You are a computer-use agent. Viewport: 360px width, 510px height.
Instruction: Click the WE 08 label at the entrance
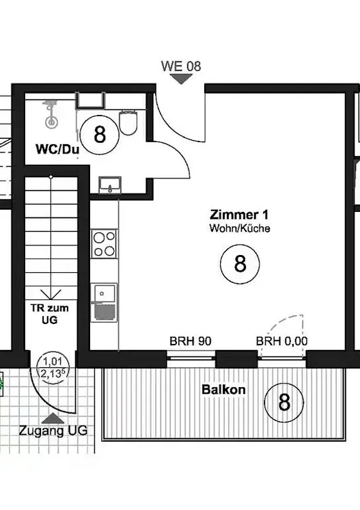[x=181, y=66]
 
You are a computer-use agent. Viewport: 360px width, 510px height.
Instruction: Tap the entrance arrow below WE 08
[x=181, y=79]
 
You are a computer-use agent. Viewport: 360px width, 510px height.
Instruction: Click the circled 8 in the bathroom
[x=100, y=134]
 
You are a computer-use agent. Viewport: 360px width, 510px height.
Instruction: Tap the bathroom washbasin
[x=109, y=185]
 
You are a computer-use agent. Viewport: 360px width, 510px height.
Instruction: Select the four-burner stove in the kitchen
[x=104, y=243]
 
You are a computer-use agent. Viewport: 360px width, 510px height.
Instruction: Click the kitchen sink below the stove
[x=104, y=302]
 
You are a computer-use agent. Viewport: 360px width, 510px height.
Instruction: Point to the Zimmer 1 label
[x=239, y=215]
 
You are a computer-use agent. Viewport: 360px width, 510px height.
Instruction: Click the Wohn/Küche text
[x=239, y=228]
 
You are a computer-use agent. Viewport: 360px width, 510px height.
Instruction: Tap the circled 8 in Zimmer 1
[x=240, y=263]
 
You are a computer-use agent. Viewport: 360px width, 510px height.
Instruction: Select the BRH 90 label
[x=191, y=341]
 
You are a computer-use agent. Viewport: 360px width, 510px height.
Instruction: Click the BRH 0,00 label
[x=282, y=341]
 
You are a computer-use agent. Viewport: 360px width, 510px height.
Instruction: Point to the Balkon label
[x=223, y=390]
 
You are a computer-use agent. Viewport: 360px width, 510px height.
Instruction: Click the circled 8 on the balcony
[x=283, y=402]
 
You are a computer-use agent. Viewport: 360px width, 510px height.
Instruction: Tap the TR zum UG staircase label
[x=51, y=314]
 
